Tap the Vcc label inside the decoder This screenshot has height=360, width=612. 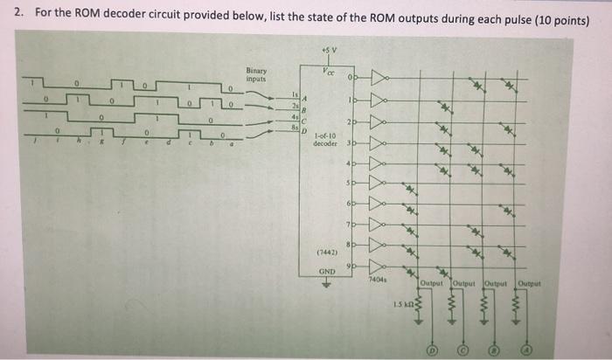pyautogui.click(x=329, y=72)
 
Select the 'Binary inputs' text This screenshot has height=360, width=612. pyautogui.click(x=258, y=76)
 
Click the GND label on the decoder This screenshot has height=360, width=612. pyautogui.click(x=327, y=271)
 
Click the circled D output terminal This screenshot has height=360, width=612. pyautogui.click(x=430, y=350)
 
